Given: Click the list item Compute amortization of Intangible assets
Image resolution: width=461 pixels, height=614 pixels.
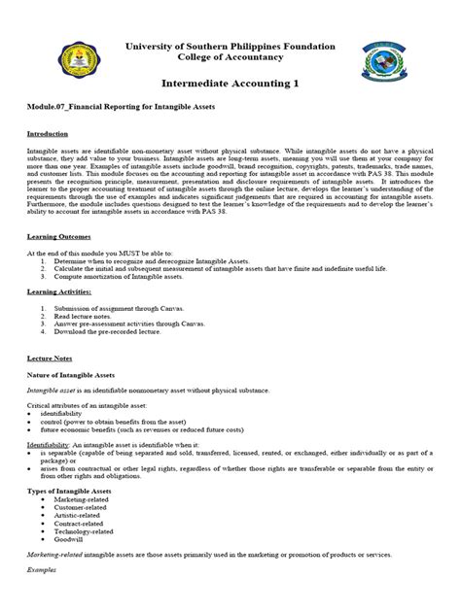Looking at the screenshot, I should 121,277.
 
